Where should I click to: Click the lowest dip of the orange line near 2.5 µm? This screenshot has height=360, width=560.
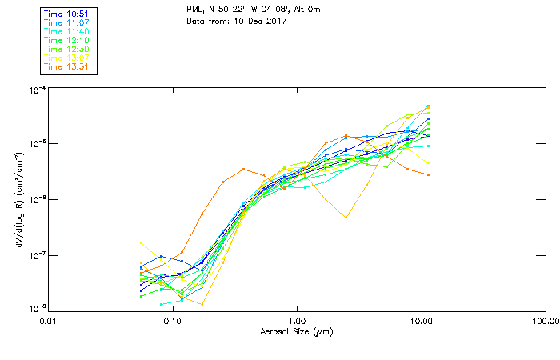pyautogui.click(x=346, y=217)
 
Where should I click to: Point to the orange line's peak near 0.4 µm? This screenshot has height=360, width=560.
pyautogui.click(x=243, y=169)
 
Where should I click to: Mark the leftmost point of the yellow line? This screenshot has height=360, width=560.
pyautogui.click(x=141, y=242)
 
